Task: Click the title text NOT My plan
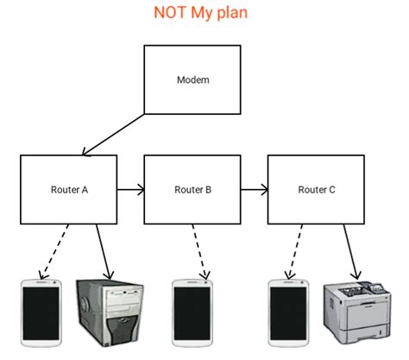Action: (202, 14)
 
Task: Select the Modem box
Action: (192, 79)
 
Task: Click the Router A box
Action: (68, 189)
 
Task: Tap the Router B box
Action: (192, 189)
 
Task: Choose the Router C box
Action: (316, 189)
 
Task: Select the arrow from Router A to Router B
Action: (129, 188)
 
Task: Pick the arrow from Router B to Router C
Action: (254, 188)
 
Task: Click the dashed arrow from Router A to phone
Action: (56, 250)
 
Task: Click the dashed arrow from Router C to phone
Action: (297, 250)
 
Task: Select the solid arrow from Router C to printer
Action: (351, 250)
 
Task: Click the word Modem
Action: (192, 79)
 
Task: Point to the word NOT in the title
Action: (170, 14)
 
